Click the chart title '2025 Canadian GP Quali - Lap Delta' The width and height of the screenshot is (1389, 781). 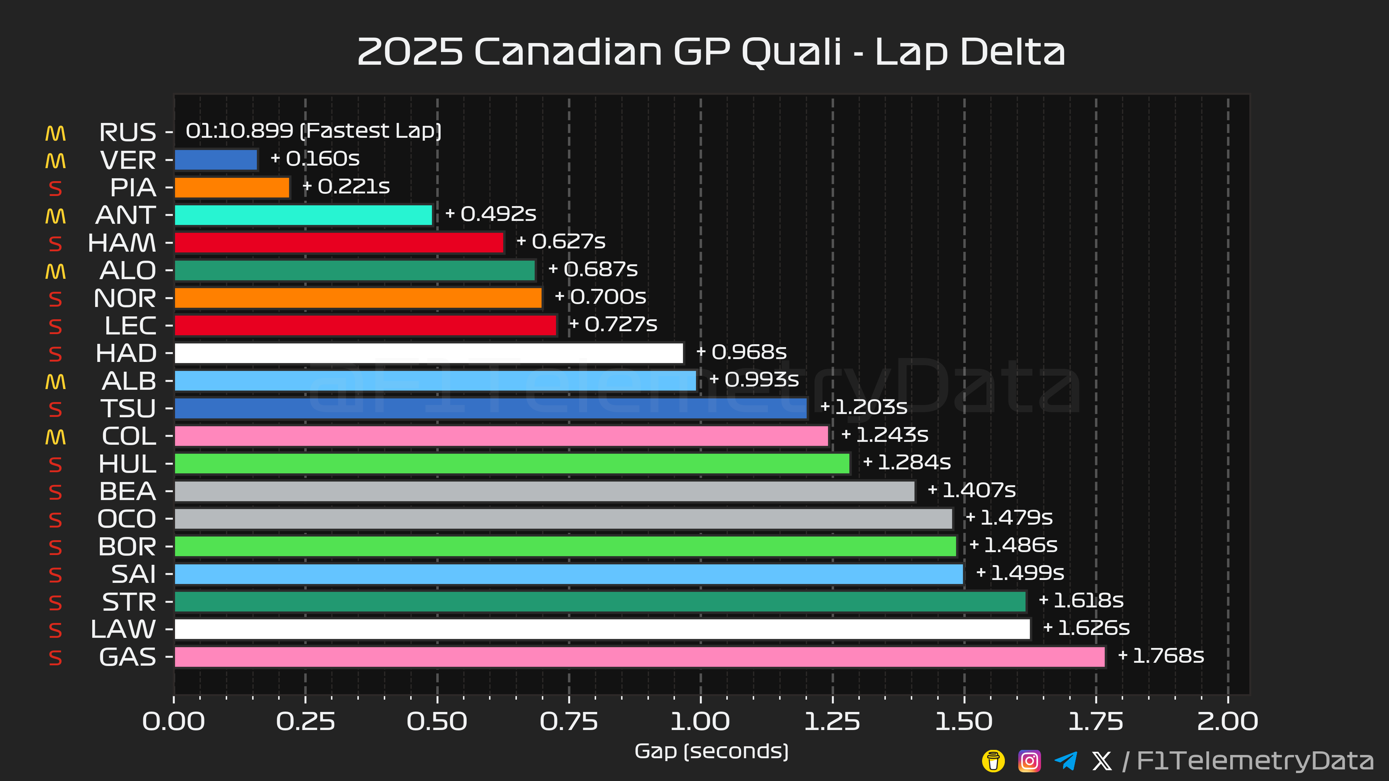[711, 52]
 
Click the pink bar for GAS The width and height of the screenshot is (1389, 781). [640, 657]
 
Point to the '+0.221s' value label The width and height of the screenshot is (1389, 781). [346, 187]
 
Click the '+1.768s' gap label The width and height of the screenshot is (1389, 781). [1161, 656]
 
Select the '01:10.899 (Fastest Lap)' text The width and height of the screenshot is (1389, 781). [313, 131]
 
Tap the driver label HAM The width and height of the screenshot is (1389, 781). [122, 243]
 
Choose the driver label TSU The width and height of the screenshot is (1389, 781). [128, 409]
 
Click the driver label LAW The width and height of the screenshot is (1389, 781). [123, 630]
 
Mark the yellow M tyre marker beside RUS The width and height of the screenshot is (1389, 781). [56, 133]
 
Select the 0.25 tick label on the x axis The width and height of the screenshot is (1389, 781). [305, 722]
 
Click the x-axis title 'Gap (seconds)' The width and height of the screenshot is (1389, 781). [711, 751]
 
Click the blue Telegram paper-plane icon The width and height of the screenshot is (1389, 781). [1066, 761]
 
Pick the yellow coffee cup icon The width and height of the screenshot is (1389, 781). [993, 761]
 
